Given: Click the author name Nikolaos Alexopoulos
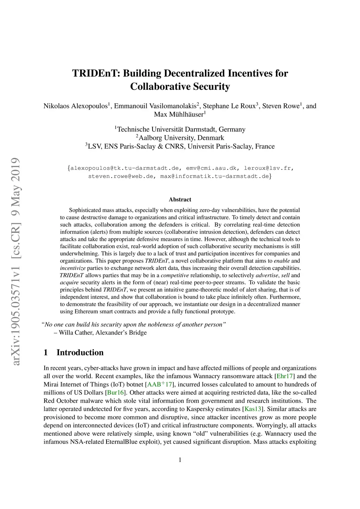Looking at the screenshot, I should click(75, 106).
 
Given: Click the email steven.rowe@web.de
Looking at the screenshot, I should click(121, 176).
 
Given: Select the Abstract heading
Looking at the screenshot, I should click(180, 200).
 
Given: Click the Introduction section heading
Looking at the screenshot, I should click(80, 353).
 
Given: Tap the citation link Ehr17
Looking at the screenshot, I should click(284, 376).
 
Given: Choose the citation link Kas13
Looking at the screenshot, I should click(252, 409).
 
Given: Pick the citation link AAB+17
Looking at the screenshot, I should click(159, 384).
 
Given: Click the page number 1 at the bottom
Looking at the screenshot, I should click(180, 460).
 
